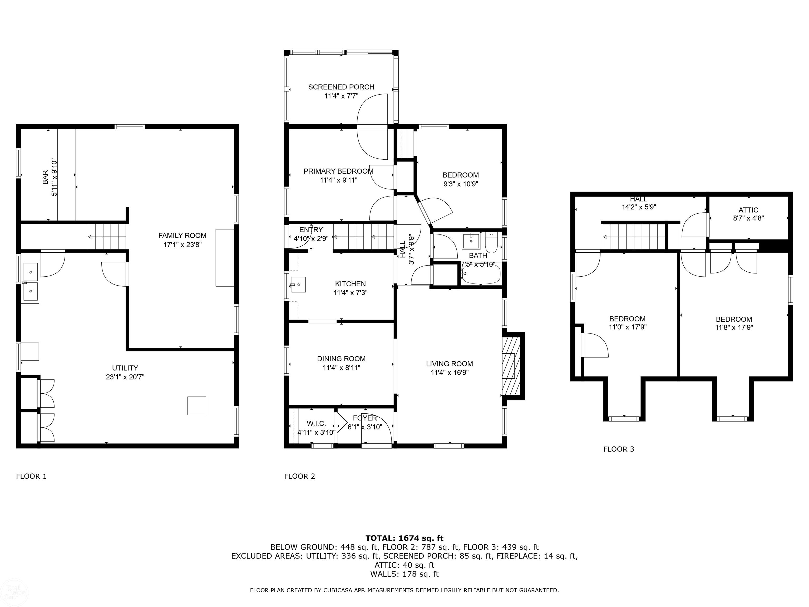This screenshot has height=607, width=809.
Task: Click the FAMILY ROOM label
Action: tap(182, 236)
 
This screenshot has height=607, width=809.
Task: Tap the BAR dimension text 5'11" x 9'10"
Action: tap(55, 178)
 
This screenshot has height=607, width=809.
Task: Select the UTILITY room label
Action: tap(125, 368)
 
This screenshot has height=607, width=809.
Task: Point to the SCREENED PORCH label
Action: tap(341, 87)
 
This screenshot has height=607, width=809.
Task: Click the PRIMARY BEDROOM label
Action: tap(338, 171)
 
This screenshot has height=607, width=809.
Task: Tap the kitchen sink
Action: tap(298, 285)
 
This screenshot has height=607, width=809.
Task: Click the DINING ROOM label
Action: tap(341, 359)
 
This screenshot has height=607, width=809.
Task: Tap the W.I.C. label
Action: tap(316, 424)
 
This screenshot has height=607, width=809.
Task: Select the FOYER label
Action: tap(365, 418)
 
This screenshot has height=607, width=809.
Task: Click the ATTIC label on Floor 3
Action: tap(748, 210)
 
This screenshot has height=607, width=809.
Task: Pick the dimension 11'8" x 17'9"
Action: tap(734, 328)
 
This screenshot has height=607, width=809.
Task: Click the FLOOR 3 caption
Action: tap(618, 449)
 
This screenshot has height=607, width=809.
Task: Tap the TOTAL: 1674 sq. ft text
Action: tap(404, 538)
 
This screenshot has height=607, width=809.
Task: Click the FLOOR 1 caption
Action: tap(31, 476)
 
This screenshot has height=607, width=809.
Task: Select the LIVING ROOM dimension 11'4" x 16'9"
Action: tap(450, 373)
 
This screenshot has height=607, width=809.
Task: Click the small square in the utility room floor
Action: tap(197, 406)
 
